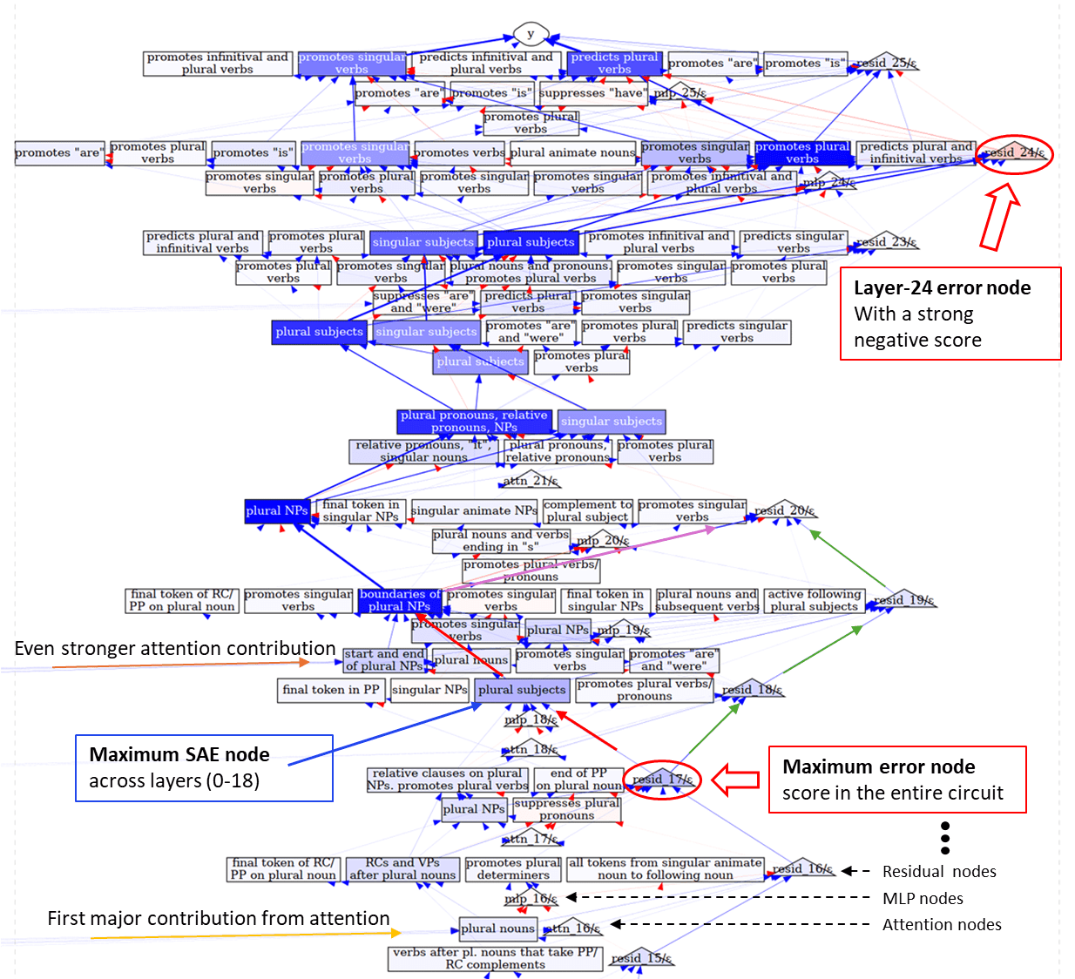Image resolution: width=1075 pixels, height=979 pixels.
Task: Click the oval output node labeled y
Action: pos(530,35)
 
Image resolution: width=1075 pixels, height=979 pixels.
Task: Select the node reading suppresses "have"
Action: pos(593,93)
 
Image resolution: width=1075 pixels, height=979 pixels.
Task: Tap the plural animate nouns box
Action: pos(573,153)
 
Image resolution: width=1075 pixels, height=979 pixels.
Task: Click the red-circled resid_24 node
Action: pos(1014,153)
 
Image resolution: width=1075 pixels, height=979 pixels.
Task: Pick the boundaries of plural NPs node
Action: pos(400,601)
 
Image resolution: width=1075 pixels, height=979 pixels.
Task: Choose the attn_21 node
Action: pos(530,481)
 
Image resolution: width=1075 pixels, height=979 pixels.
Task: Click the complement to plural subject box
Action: pos(588,511)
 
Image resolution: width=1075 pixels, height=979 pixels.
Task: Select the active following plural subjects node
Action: pos(814,601)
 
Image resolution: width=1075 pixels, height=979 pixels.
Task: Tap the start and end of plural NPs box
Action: pos(384,660)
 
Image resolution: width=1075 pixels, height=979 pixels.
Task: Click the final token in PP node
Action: pos(331,690)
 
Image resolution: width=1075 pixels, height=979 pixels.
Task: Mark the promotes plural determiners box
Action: pos(513,869)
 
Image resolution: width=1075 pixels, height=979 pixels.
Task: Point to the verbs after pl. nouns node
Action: pos(494,958)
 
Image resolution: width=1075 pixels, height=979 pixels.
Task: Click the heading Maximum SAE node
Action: pos(179,755)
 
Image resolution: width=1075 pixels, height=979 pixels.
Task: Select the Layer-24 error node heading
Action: pos(942,288)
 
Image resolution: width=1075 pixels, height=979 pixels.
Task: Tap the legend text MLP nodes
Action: pos(923,898)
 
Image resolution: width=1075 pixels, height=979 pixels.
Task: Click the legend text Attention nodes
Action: pos(942,925)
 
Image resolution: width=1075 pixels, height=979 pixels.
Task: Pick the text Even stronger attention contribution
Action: pos(175,649)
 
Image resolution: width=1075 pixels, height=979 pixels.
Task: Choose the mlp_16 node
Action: pos(531,899)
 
